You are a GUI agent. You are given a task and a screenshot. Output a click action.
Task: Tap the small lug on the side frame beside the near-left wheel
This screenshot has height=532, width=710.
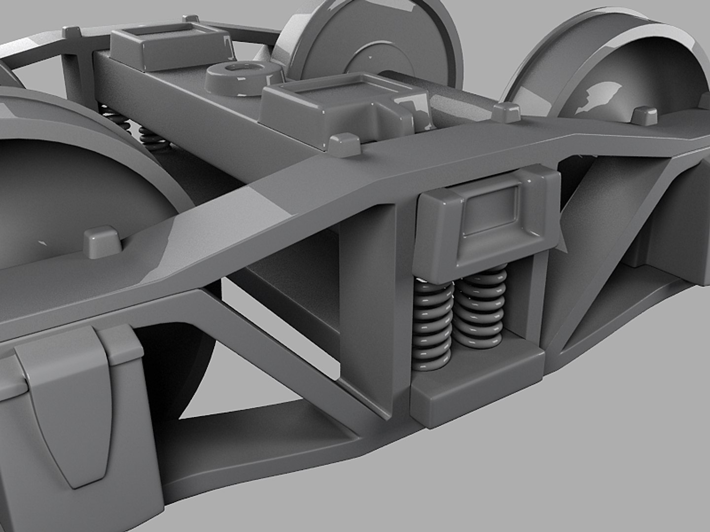[103, 241]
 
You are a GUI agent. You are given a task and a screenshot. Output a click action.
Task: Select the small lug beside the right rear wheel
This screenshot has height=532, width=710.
[645, 115]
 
